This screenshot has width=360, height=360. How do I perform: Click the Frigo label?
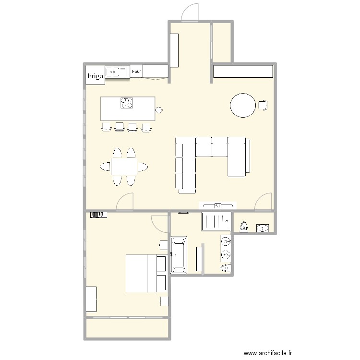click(95, 76)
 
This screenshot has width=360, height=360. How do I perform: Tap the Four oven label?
click(136, 72)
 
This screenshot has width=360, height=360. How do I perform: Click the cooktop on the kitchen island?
click(127, 103)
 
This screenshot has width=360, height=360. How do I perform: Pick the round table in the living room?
click(243, 105)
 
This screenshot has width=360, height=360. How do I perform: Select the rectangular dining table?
click(124, 167)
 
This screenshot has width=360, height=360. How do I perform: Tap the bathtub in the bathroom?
click(179, 255)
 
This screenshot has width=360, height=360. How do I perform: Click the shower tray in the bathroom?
click(216, 221)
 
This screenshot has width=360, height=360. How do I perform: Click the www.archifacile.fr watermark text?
click(268, 353)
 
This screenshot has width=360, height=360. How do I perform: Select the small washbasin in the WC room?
click(263, 228)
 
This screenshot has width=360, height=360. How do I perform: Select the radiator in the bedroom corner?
click(98, 215)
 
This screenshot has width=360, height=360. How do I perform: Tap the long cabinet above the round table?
click(243, 71)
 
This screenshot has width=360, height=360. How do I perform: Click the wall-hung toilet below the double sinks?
click(224, 268)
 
